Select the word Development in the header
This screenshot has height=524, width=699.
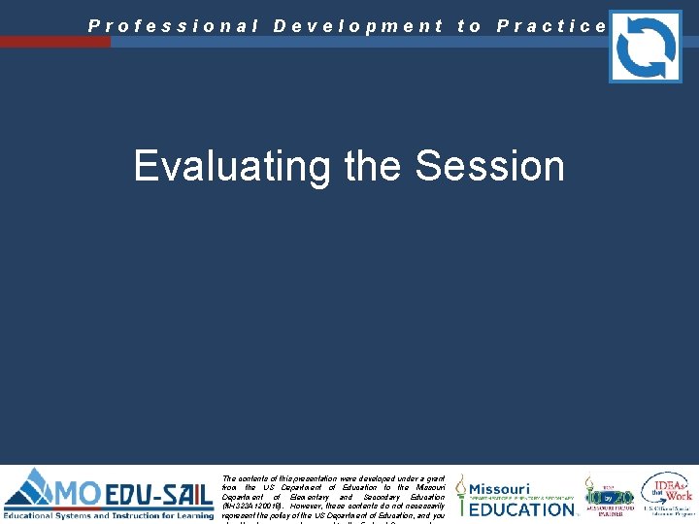pos(358,26)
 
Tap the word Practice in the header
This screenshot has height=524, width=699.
pos(551,26)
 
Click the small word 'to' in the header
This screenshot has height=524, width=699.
pos(470,26)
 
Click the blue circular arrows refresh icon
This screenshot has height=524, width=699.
pos(645,46)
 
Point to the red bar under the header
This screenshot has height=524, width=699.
pos(55,42)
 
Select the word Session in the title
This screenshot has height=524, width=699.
pos(489,166)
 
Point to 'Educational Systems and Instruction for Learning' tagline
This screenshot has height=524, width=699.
pos(108,515)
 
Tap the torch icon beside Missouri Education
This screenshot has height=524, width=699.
pos(461,495)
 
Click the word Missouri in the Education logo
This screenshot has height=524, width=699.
pos(500,489)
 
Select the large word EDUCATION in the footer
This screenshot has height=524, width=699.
pos(522,509)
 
